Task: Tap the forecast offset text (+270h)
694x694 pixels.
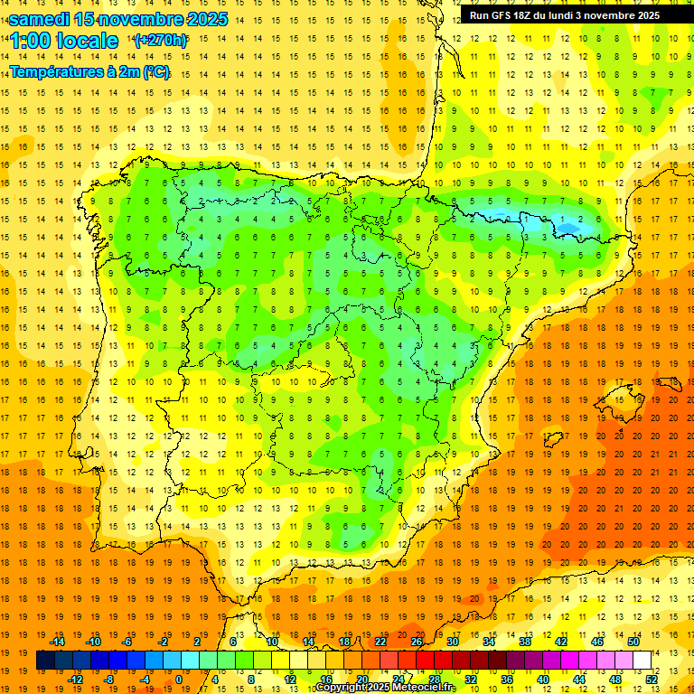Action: (x=161, y=40)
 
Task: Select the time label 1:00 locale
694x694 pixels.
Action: (x=64, y=41)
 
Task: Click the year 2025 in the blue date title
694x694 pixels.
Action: (x=198, y=19)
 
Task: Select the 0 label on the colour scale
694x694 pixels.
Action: (x=178, y=680)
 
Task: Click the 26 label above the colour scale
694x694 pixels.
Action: (x=417, y=642)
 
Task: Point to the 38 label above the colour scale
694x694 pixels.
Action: (x=524, y=642)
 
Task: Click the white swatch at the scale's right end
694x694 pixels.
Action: (x=642, y=661)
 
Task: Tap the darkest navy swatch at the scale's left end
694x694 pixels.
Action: (x=45, y=661)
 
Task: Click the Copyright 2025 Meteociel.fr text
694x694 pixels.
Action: (x=385, y=688)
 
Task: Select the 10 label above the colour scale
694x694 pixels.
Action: (x=271, y=642)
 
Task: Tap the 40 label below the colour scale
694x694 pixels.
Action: (x=543, y=680)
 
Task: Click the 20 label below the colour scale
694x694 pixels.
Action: (x=361, y=680)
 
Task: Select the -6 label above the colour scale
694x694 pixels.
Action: (x=128, y=642)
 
